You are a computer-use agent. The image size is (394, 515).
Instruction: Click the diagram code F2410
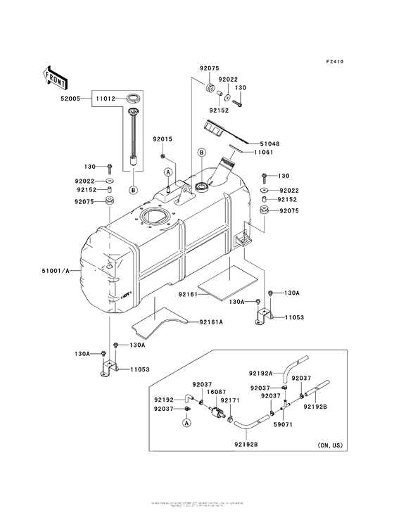pos(335,61)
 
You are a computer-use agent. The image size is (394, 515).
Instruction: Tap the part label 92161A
pos(210,322)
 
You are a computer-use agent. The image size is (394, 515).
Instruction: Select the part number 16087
pos(215,393)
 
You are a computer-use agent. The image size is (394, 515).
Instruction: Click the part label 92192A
pos(262,374)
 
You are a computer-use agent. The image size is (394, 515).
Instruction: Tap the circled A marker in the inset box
pos(187,423)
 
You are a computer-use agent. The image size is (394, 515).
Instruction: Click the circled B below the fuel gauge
pos(132,189)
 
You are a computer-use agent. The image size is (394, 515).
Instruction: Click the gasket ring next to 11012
pos(133,98)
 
